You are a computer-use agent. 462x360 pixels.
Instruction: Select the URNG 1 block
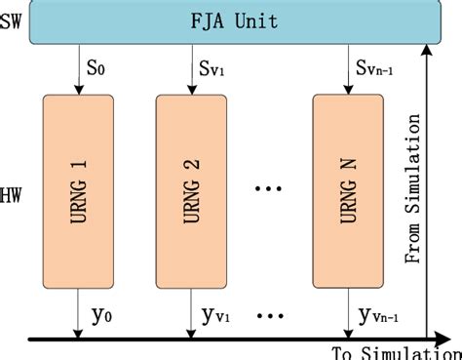[x=79, y=186]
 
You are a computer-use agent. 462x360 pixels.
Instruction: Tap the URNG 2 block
[x=191, y=186]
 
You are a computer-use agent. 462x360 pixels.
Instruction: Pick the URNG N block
[x=347, y=186]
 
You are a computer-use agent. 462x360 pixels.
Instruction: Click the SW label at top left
[x=11, y=20]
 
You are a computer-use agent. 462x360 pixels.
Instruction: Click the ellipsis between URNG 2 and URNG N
[x=269, y=187]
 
